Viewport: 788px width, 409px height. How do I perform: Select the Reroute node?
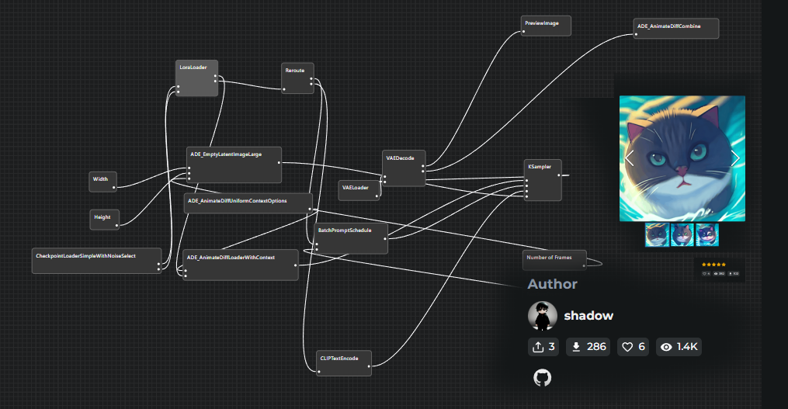(x=297, y=78)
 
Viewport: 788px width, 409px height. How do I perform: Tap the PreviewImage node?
(x=546, y=26)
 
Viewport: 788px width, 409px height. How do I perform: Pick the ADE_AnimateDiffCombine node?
(x=675, y=29)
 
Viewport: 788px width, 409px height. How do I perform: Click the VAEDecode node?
(x=404, y=168)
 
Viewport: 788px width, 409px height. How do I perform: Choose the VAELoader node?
(x=359, y=189)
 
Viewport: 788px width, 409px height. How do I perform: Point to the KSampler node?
(x=543, y=179)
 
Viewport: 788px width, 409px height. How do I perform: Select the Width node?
(x=102, y=181)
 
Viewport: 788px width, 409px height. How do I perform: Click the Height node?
(x=104, y=219)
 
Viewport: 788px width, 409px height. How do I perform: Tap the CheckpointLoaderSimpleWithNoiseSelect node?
(x=96, y=261)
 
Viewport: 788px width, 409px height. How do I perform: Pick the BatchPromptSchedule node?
(x=351, y=238)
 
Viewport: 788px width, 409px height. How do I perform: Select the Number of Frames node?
(x=554, y=259)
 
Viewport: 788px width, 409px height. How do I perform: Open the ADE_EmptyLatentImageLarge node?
(x=234, y=164)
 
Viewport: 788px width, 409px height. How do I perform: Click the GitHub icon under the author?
(x=542, y=378)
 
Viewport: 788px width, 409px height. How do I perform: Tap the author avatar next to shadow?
(x=543, y=316)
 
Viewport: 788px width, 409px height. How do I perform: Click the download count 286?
(x=588, y=347)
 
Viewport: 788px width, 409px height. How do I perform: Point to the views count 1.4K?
(x=679, y=347)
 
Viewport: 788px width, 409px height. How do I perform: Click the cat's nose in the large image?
(x=681, y=170)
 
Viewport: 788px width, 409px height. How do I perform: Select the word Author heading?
(x=552, y=284)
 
